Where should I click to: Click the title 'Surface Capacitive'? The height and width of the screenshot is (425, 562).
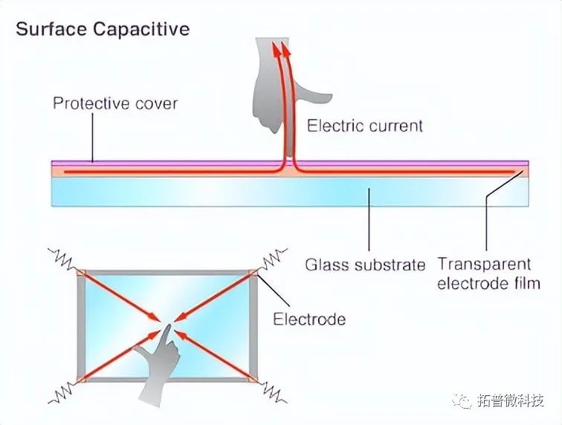(103, 30)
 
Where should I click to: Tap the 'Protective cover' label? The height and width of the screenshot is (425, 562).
(115, 103)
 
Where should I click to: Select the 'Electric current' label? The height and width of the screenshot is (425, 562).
(365, 126)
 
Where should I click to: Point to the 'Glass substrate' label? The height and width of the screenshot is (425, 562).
(365, 265)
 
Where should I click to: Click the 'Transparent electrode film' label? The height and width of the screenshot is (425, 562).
(485, 273)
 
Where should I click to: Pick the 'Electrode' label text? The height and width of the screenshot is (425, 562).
(309, 319)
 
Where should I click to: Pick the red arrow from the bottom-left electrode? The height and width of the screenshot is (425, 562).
(119, 355)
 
